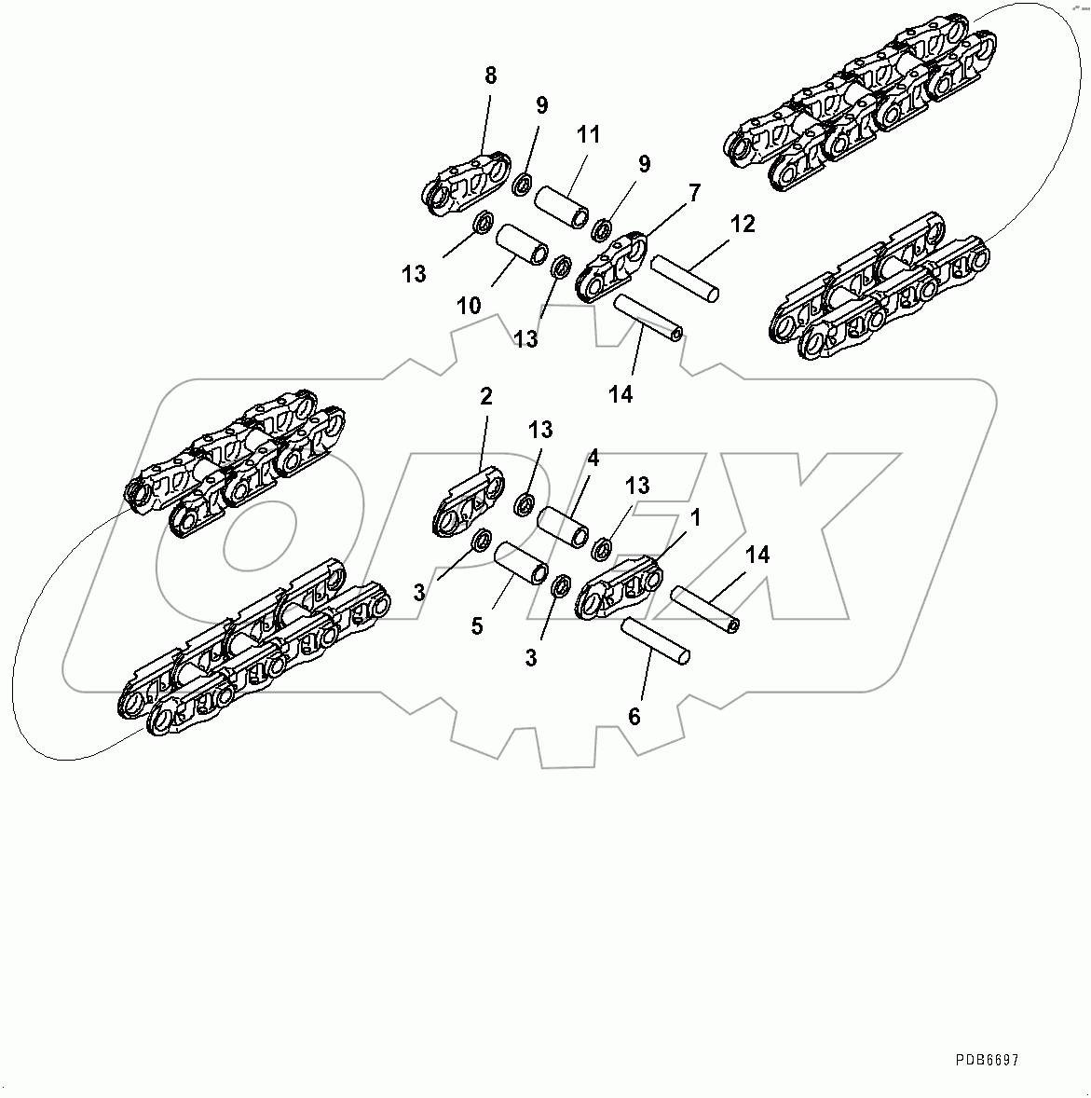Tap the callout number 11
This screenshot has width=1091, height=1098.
pyautogui.click(x=588, y=134)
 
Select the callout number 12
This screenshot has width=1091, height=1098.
pyautogui.click(x=743, y=224)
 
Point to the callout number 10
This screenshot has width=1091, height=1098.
pyautogui.click(x=469, y=306)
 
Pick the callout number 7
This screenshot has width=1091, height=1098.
pyautogui.click(x=694, y=193)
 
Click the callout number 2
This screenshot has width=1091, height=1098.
pyautogui.click(x=485, y=396)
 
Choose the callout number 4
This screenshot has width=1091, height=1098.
pyautogui.click(x=593, y=458)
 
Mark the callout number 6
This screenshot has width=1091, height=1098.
pyautogui.click(x=634, y=716)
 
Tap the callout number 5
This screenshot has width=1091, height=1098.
pyautogui.click(x=477, y=625)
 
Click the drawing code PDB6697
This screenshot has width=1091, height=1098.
pyautogui.click(x=987, y=1060)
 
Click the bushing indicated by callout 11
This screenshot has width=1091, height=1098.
pyautogui.click(x=562, y=205)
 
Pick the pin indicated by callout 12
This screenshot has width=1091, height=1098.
pyautogui.click(x=685, y=279)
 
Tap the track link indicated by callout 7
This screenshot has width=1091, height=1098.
pyautogui.click(x=610, y=268)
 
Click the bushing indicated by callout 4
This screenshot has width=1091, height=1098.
pyautogui.click(x=562, y=524)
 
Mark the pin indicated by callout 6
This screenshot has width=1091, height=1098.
pyautogui.click(x=655, y=640)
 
